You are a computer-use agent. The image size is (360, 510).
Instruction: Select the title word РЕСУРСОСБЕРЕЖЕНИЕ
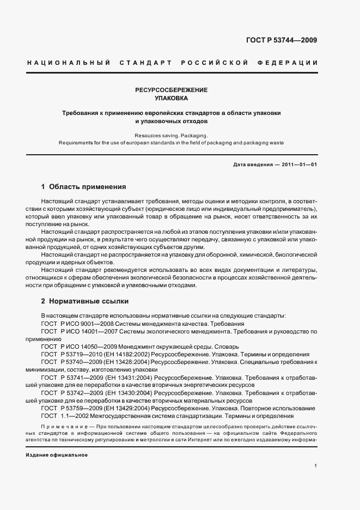(171, 89)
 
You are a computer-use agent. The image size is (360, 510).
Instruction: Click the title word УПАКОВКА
(171, 99)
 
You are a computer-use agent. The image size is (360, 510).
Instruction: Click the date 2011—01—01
(298, 165)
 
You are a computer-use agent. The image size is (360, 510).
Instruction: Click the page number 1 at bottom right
(315, 465)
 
